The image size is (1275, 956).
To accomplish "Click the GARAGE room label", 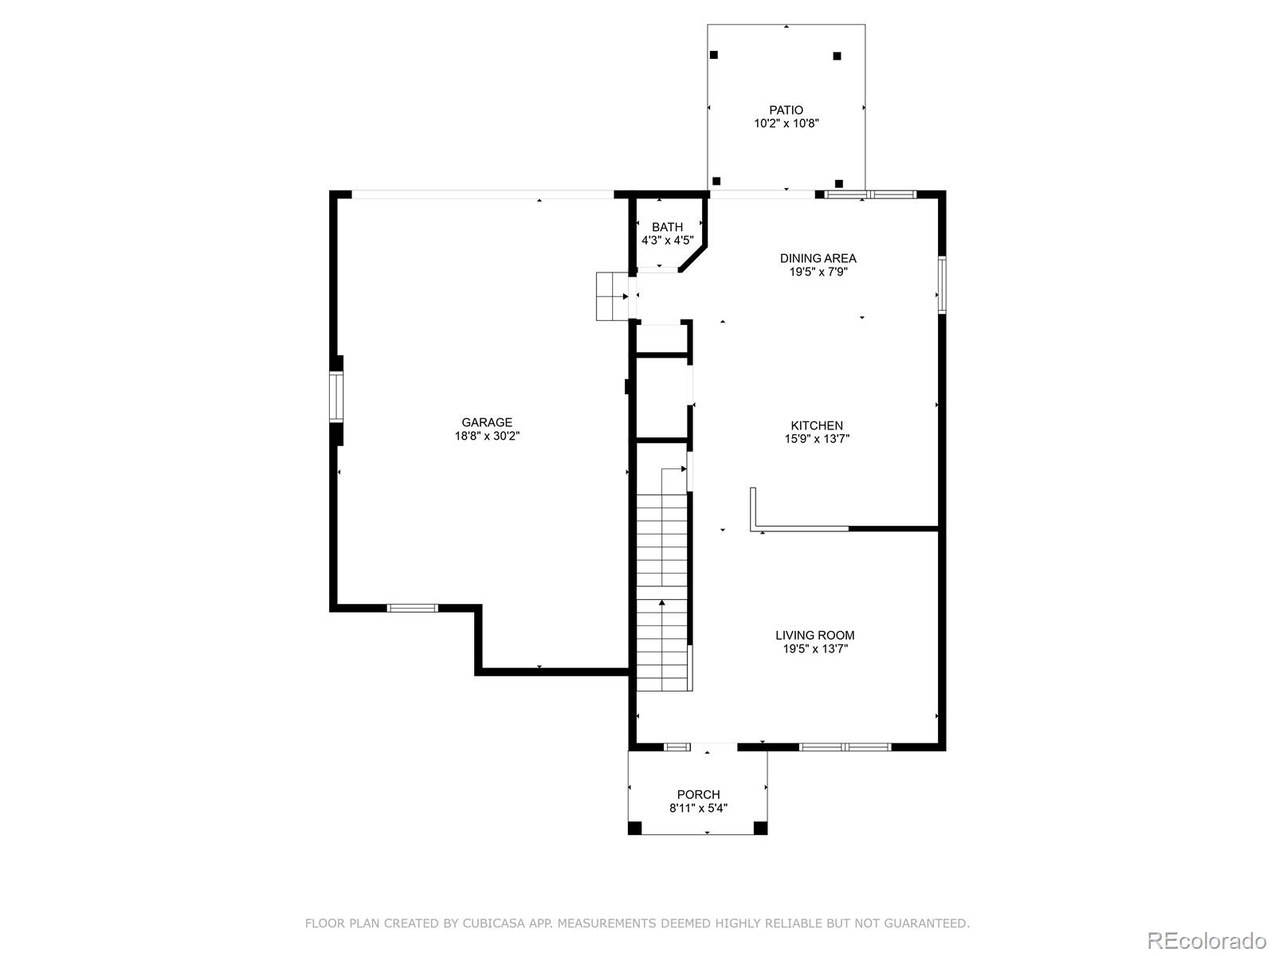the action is click(487, 422).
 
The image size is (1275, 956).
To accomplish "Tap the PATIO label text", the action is click(786, 110).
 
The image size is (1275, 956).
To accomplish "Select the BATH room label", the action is click(667, 227).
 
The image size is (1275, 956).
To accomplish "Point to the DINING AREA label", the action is click(818, 258).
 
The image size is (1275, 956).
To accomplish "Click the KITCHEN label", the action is click(817, 425).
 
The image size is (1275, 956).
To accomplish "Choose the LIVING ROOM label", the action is click(815, 635).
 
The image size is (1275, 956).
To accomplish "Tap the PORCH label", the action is click(698, 794).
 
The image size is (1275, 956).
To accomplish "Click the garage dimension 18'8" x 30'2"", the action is click(487, 436).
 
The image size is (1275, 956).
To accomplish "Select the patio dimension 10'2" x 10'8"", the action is click(786, 123).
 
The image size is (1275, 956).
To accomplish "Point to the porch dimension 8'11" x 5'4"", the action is click(698, 808).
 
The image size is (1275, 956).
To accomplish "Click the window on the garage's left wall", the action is click(335, 397).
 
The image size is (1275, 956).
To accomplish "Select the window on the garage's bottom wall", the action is click(413, 608).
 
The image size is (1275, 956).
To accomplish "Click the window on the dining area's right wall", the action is click(942, 284).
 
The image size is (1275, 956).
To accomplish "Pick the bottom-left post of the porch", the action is click(635, 828).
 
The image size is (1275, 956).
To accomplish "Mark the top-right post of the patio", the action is click(837, 56).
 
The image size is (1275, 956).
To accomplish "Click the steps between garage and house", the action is click(612, 296).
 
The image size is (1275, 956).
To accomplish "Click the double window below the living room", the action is click(845, 747).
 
